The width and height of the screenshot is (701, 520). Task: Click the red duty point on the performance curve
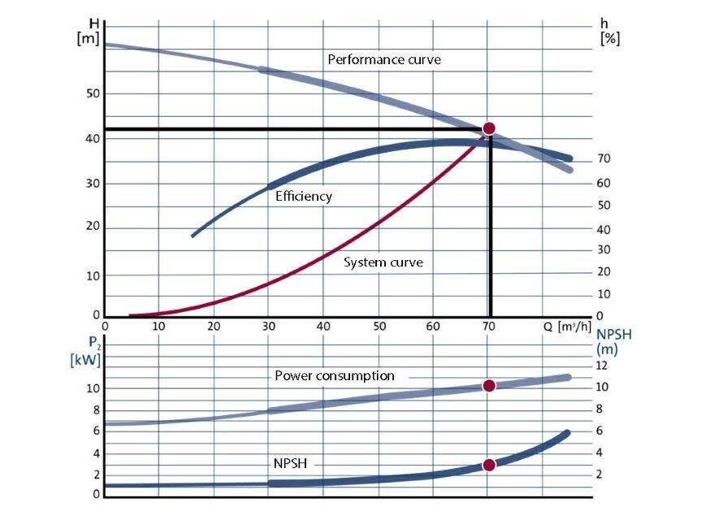(489, 128)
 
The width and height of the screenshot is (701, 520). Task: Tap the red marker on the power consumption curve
(489, 386)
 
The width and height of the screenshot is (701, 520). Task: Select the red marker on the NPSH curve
(489, 465)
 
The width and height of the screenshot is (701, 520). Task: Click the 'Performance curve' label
(384, 60)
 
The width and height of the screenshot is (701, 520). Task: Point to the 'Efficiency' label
(304, 197)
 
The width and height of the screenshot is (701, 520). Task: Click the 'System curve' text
(383, 262)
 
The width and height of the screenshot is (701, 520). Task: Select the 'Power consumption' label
(335, 376)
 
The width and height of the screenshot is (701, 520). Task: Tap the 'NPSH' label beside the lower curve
(290, 463)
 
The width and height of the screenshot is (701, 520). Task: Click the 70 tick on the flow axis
(488, 327)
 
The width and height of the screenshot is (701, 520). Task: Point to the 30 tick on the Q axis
(269, 327)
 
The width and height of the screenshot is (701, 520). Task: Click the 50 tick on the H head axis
(93, 93)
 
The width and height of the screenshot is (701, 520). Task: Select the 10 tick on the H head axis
(93, 276)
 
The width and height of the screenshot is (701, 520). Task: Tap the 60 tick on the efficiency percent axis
(604, 184)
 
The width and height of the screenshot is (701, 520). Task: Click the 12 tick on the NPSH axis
(602, 366)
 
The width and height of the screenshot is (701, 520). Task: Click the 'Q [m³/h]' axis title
(569, 326)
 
